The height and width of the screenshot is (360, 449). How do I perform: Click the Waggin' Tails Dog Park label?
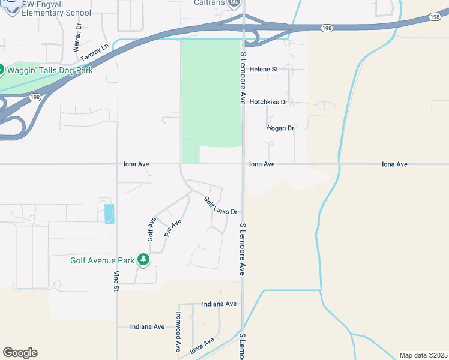[50, 70]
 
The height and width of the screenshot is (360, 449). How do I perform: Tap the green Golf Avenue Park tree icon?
[143, 260]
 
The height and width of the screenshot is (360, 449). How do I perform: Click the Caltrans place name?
[209, 3]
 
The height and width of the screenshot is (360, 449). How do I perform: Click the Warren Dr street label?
[77, 37]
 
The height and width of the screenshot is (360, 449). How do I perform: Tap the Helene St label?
[264, 70]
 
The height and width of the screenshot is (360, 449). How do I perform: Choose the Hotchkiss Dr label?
[268, 103]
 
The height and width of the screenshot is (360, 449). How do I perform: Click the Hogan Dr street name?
[280, 128]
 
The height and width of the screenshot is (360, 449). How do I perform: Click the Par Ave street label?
[173, 228]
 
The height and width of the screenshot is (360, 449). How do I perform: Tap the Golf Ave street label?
[152, 229]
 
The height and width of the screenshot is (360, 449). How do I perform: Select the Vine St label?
[115, 281]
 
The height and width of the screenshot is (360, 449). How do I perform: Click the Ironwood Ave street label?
[178, 331]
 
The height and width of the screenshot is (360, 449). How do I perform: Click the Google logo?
[20, 353]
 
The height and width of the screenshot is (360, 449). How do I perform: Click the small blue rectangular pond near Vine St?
[109, 214]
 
